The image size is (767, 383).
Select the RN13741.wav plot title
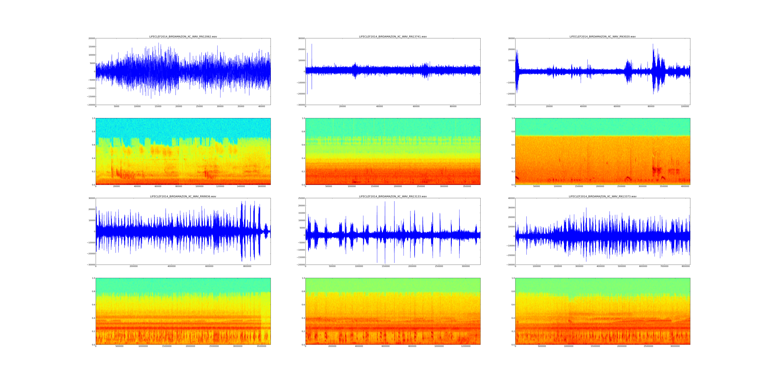click(393, 37)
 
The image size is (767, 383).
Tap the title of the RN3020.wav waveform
click(602, 37)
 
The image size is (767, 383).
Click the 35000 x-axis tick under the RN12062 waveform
click(241, 106)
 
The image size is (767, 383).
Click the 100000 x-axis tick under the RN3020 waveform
click(685, 106)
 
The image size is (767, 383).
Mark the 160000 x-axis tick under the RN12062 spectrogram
click(261, 186)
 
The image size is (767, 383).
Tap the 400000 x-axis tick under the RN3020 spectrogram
click(685, 186)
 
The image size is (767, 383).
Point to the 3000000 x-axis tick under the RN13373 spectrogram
click(675, 346)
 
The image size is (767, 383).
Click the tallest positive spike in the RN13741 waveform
click(312, 44)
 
